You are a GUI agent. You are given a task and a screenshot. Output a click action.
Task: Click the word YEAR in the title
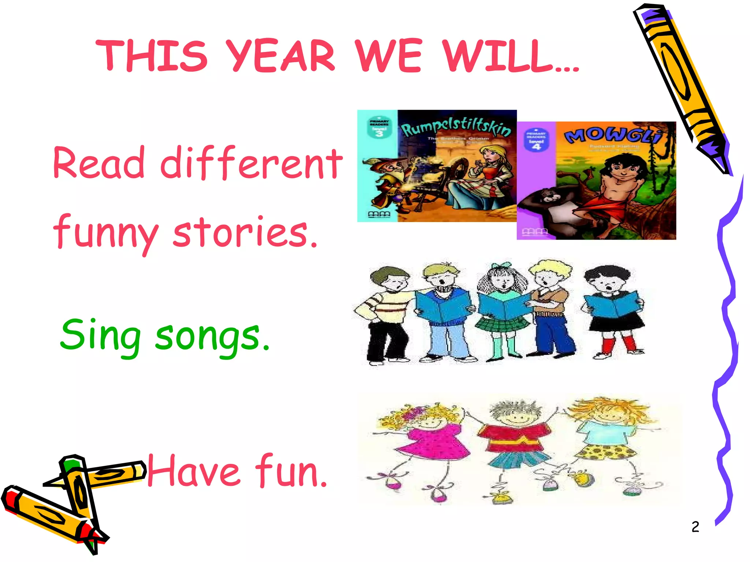coord(280,56)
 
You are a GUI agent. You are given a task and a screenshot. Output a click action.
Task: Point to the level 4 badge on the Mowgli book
coord(536,140)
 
